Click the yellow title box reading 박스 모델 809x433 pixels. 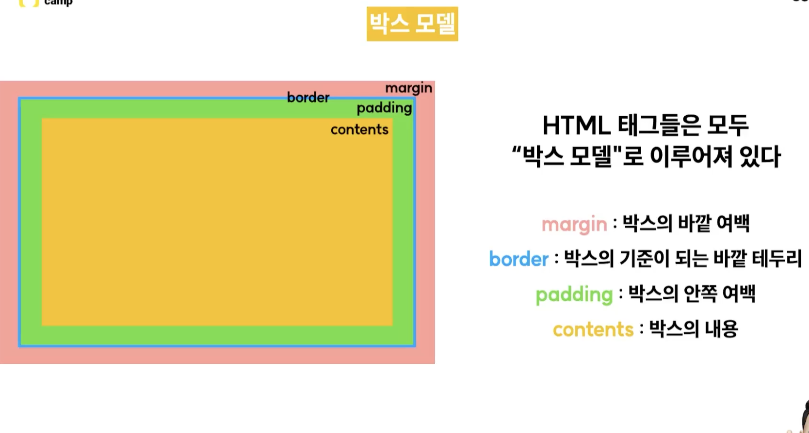pyautogui.click(x=412, y=24)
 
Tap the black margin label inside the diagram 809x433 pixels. pyautogui.click(x=408, y=88)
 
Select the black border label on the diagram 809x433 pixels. pyautogui.click(x=308, y=97)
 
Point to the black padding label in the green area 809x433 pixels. pyautogui.click(x=384, y=108)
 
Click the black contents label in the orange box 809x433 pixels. pyautogui.click(x=359, y=129)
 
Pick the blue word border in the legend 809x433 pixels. pyautogui.click(x=518, y=259)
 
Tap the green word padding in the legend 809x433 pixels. pyautogui.click(x=574, y=295)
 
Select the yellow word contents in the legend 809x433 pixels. pyautogui.click(x=593, y=329)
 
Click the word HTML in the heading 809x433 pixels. pyautogui.click(x=576, y=126)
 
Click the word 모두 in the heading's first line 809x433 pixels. pyautogui.click(x=728, y=126)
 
